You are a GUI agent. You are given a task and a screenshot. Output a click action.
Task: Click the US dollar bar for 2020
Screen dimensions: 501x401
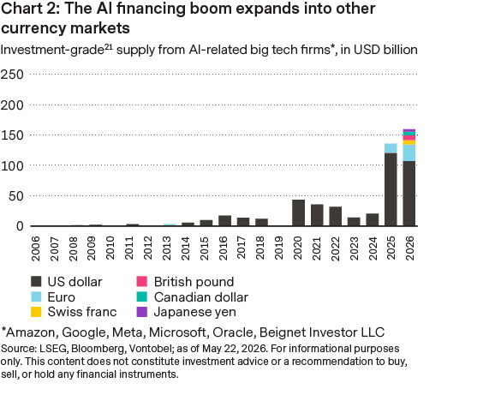[x=298, y=212]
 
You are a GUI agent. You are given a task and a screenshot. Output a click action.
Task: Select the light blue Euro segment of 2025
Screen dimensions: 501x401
[x=391, y=148]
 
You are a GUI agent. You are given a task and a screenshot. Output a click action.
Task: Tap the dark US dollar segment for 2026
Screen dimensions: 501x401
[x=409, y=194]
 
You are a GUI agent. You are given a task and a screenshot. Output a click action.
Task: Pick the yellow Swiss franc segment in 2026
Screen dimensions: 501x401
[x=409, y=142]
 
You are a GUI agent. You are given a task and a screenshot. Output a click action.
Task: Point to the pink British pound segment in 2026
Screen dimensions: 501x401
[x=409, y=138]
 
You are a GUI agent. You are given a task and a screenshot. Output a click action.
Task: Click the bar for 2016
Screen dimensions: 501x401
[x=224, y=221]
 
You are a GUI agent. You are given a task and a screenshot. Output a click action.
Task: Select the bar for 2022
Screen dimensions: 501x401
[x=336, y=216]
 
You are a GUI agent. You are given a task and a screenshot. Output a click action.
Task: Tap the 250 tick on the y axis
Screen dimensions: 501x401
[x=12, y=75]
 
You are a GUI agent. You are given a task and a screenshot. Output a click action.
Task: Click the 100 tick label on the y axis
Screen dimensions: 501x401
[x=12, y=166]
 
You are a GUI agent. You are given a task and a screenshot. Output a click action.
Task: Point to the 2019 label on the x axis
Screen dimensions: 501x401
[x=278, y=248]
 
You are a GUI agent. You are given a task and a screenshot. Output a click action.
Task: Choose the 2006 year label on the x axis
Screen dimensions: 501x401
[x=35, y=248]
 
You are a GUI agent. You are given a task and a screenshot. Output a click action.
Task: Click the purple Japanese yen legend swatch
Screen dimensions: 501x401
[x=142, y=312]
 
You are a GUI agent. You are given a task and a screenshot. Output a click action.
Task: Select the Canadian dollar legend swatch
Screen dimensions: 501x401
[x=142, y=296]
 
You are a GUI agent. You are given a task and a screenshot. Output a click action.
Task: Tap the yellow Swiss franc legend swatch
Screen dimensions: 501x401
[x=36, y=312]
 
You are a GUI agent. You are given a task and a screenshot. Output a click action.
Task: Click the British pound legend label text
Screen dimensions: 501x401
[x=194, y=282]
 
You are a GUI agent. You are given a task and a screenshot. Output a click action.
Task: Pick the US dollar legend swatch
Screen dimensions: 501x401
[x=36, y=281]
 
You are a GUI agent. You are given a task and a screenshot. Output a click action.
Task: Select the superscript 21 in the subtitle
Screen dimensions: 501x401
[x=108, y=46]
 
